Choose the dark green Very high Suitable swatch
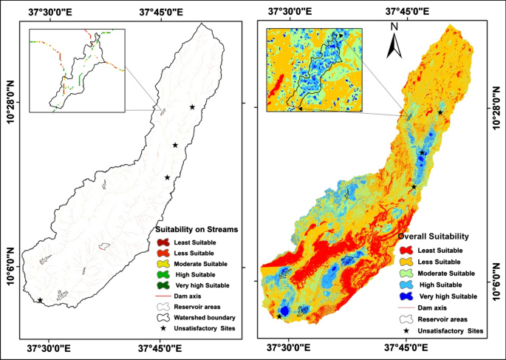[165, 285]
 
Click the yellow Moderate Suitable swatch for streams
[165, 264]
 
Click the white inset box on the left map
[77, 70]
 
